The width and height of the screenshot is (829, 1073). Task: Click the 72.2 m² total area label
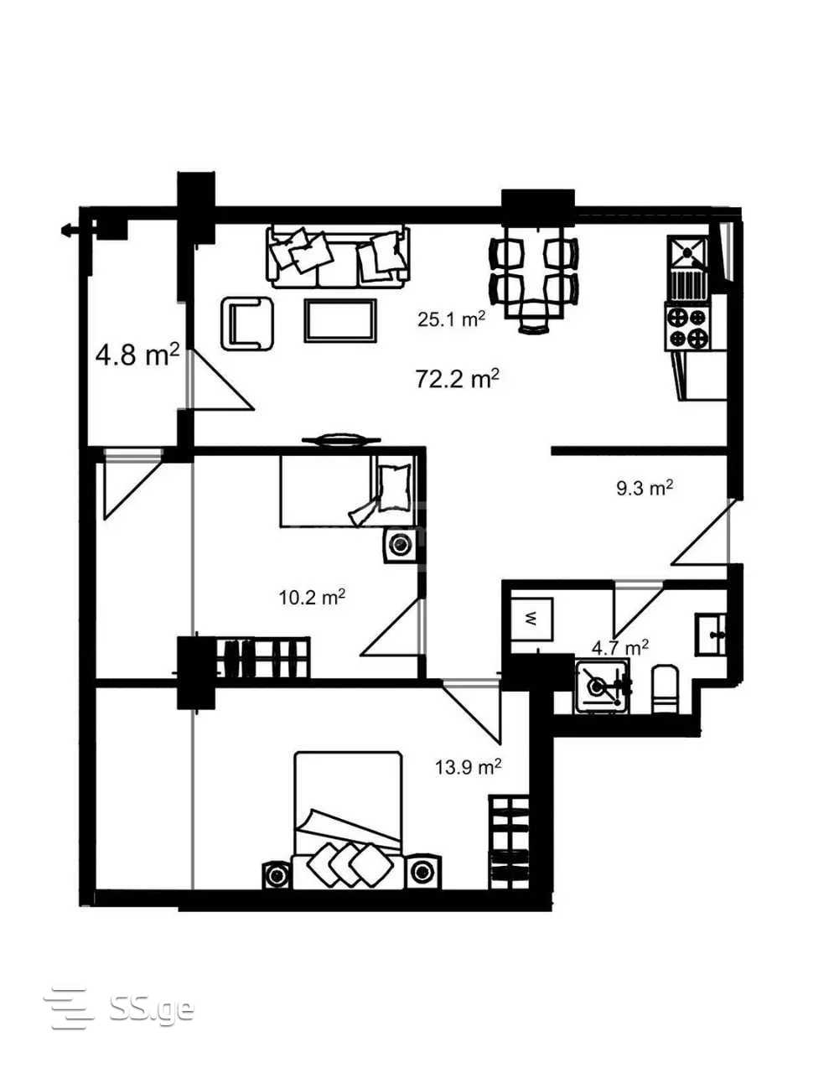[457, 379]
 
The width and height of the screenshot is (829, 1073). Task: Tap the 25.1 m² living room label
[451, 319]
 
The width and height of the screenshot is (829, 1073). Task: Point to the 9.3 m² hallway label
[645, 488]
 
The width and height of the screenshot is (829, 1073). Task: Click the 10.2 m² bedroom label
[312, 598]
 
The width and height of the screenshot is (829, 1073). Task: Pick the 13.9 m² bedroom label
[468, 766]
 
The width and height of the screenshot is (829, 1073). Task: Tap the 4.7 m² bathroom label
[620, 647]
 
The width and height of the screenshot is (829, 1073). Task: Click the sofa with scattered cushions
[338, 257]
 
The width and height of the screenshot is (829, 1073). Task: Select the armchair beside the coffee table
[247, 324]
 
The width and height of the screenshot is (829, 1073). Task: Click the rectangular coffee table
[340, 319]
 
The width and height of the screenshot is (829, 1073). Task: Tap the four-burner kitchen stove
[688, 328]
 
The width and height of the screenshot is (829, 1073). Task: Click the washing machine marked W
[531, 618]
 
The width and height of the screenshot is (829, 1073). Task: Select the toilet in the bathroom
[666, 689]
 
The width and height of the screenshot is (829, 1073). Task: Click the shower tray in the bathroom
[603, 686]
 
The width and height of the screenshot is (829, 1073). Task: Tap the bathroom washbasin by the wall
[711, 635]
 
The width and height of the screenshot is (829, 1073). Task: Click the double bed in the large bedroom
[349, 820]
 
